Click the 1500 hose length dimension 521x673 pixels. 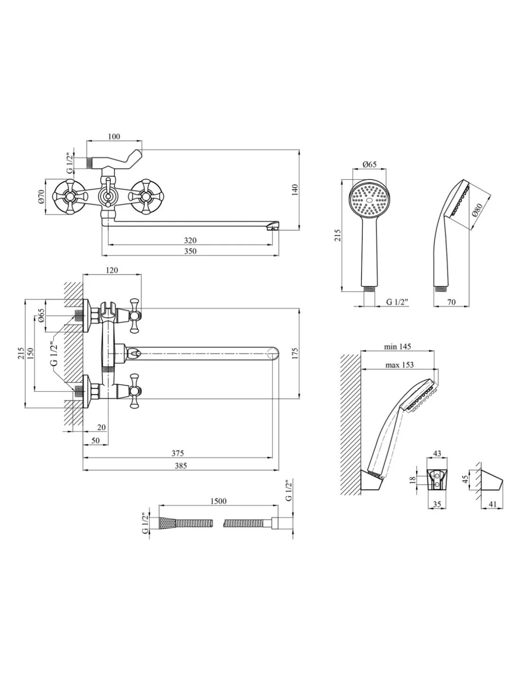pos(217,501)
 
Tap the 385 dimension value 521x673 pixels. pos(180,466)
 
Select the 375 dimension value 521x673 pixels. pos(178,453)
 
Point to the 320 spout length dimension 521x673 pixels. pos(190,241)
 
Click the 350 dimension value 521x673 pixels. pos(190,251)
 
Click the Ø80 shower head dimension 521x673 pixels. pos(477,210)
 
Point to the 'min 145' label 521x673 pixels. pos(397,347)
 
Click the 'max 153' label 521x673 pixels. pos(399,364)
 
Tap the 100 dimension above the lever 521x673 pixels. pos(114,137)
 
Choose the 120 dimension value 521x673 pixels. pos(112,270)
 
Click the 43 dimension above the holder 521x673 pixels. pos(437,453)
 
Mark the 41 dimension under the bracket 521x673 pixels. pos(493,505)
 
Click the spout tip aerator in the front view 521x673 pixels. pos(271,227)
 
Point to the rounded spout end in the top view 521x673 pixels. pos(273,353)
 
